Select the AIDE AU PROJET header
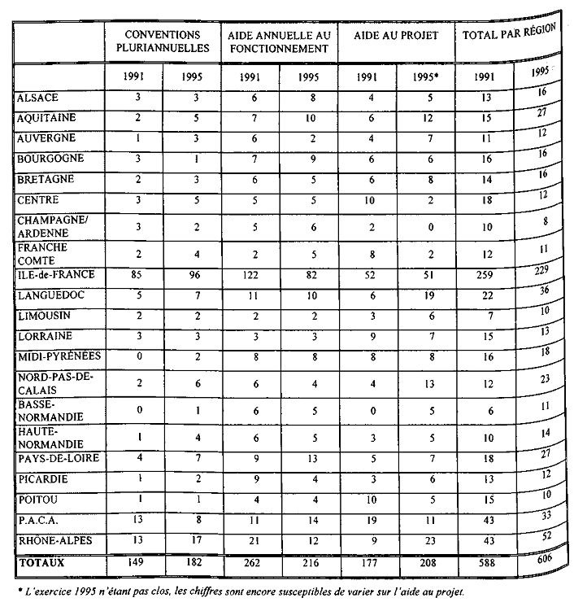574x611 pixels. click(396, 36)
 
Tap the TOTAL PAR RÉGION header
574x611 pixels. click(508, 36)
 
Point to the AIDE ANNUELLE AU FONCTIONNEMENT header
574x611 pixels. click(279, 41)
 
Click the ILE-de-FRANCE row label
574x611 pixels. click(50, 275)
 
